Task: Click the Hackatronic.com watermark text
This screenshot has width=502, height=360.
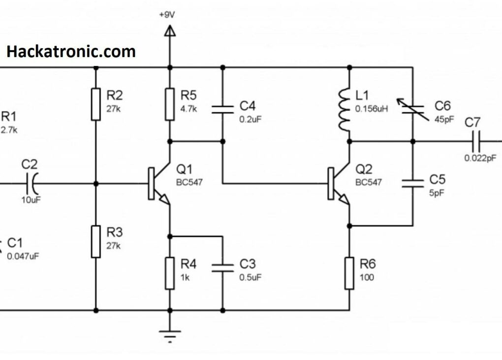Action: (x=71, y=51)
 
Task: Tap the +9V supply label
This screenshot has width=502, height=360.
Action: (x=166, y=15)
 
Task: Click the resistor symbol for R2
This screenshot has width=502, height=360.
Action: (x=96, y=104)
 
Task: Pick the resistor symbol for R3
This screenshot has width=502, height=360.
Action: (x=96, y=242)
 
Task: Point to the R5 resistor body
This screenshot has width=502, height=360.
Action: (x=170, y=104)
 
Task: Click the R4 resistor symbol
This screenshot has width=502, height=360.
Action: (x=170, y=273)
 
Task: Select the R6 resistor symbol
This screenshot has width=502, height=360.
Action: (x=349, y=273)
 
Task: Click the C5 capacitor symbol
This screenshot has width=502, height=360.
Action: (x=412, y=183)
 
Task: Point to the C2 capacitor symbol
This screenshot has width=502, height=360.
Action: (x=31, y=184)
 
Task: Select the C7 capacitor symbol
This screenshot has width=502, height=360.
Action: (x=475, y=141)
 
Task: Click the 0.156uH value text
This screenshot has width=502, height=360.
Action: (x=372, y=109)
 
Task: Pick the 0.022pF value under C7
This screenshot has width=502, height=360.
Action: (x=480, y=158)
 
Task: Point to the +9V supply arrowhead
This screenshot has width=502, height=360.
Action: (x=170, y=32)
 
